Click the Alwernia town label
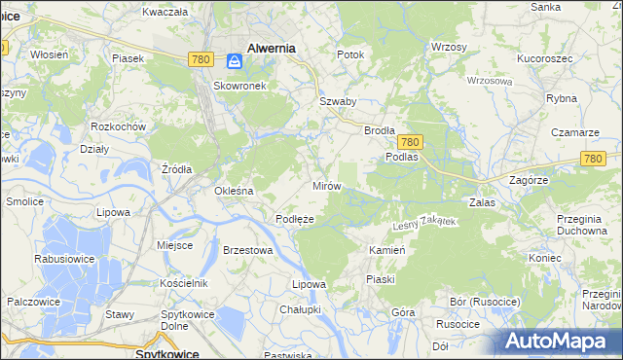click(272, 46)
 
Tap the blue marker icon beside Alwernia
click(235, 61)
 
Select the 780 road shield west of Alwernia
click(202, 59)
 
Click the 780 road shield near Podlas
click(409, 141)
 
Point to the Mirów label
click(325, 185)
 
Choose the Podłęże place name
click(294, 219)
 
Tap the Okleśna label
click(234, 191)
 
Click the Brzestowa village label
click(247, 250)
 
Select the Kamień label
click(386, 250)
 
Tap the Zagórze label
click(531, 181)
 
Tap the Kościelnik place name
click(184, 282)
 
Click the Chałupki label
click(300, 309)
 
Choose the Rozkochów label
click(118, 126)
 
